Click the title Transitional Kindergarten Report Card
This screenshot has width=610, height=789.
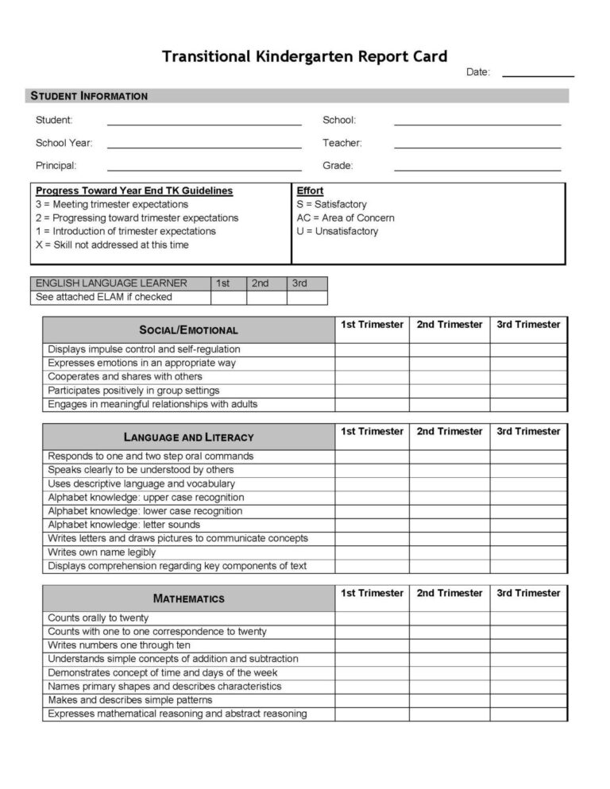[305, 56]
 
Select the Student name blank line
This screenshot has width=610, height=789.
[204, 120]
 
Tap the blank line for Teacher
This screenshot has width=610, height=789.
[477, 143]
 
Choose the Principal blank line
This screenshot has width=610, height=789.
[204, 166]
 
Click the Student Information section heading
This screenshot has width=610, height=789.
[89, 96]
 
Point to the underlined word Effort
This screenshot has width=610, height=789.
[310, 191]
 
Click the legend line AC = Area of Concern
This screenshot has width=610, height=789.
[345, 217]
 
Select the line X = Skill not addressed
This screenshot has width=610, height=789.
[112, 244]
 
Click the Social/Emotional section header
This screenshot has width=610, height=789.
[188, 329]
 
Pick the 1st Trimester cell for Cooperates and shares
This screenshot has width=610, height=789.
[372, 377]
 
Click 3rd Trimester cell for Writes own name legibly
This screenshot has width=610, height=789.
[528, 552]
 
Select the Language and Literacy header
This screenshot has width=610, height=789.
[188, 437]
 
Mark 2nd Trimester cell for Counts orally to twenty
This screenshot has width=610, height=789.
[449, 618]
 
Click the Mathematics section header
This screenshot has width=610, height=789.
[188, 598]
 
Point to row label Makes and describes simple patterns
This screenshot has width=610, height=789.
[130, 700]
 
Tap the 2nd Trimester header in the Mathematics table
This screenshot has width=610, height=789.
[449, 593]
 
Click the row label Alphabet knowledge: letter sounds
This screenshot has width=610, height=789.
[124, 525]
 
